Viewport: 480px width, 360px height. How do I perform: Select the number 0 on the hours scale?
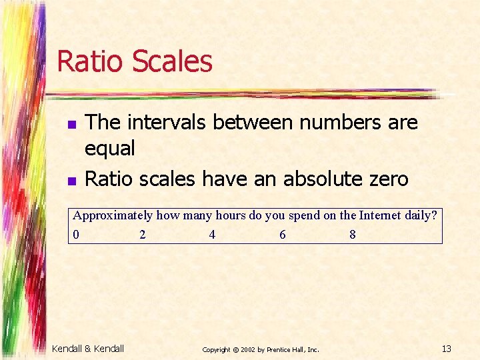coord(77,234)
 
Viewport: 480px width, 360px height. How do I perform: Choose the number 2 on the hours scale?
coord(143,234)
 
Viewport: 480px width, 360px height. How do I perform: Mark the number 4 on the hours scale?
coord(212,234)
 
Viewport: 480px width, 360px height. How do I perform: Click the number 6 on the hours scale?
coord(283,234)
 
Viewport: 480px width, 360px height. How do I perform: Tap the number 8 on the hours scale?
coord(353,234)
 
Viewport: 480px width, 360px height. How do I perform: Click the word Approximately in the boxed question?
coord(113,216)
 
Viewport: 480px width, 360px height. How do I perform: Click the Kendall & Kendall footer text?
coord(88,348)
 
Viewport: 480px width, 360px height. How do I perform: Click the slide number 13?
coord(447,348)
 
